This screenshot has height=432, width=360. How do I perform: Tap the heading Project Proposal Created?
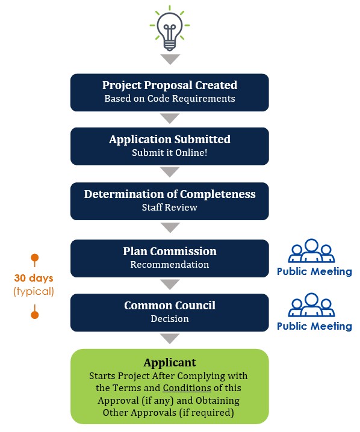[170, 85]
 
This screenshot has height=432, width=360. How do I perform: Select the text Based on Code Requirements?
[170, 98]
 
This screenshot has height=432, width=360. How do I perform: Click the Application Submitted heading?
[170, 139]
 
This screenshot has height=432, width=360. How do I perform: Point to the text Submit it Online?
[170, 152]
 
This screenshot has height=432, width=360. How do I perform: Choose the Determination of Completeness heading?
[170, 194]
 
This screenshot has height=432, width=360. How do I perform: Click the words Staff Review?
[170, 207]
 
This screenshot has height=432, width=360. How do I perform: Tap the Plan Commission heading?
[170, 251]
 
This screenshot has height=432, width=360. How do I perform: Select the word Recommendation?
[170, 265]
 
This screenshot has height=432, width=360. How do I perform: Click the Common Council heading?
[170, 306]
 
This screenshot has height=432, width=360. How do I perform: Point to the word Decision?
[170, 319]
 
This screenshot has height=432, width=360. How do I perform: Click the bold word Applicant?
[170, 363]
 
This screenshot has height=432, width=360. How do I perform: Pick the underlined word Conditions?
[187, 388]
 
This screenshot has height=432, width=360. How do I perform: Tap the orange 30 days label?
[34, 278]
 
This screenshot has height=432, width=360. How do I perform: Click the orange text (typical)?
[34, 291]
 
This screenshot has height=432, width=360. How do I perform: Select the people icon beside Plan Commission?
[311, 250]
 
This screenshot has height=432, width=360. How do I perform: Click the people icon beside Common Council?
[311, 304]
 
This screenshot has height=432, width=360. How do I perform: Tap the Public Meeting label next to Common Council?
[314, 326]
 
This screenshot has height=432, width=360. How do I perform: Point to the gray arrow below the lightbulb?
[170, 59]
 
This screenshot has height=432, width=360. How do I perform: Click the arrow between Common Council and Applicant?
[170, 339]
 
